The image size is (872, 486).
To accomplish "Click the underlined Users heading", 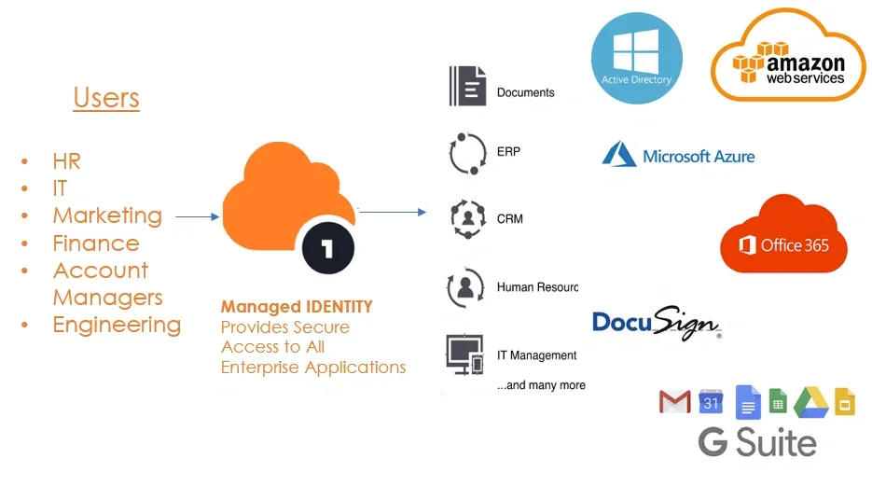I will tap(106, 98).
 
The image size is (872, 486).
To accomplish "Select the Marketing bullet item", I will tap(107, 215).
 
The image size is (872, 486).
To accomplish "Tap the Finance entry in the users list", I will tap(96, 243).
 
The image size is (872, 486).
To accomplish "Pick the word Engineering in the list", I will tap(117, 325).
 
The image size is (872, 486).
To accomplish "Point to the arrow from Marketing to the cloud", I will tap(197, 217).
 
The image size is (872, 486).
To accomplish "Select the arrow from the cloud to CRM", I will tap(393, 213).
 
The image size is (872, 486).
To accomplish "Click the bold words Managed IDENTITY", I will tap(297, 307).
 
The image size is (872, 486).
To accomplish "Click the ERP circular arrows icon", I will tap(467, 153).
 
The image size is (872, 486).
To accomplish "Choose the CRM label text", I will tap(510, 219).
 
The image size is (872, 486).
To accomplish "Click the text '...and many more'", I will tap(541, 385).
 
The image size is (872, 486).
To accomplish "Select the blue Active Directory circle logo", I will tap(636, 58).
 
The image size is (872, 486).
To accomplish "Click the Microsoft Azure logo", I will tap(678, 156).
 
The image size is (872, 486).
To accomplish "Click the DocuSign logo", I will tap(657, 323).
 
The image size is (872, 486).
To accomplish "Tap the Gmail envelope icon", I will tap(675, 402).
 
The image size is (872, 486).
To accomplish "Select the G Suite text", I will tap(757, 442).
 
